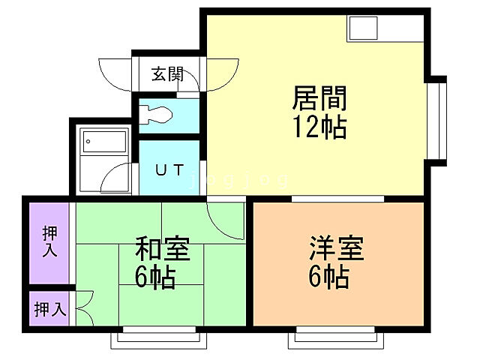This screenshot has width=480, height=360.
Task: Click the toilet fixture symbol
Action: tap(159, 115)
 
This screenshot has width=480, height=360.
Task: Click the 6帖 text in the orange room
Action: tap(328, 278)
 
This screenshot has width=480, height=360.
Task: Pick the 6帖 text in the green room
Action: tap(155, 278)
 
